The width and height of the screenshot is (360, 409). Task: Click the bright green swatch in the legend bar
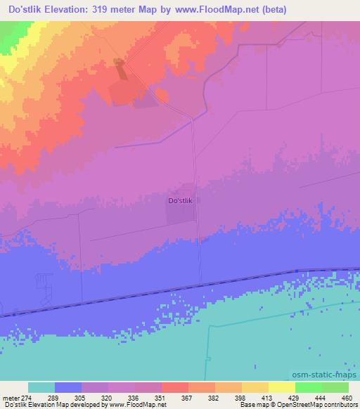[308, 387]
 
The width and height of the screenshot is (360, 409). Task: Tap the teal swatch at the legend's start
[41, 387]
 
